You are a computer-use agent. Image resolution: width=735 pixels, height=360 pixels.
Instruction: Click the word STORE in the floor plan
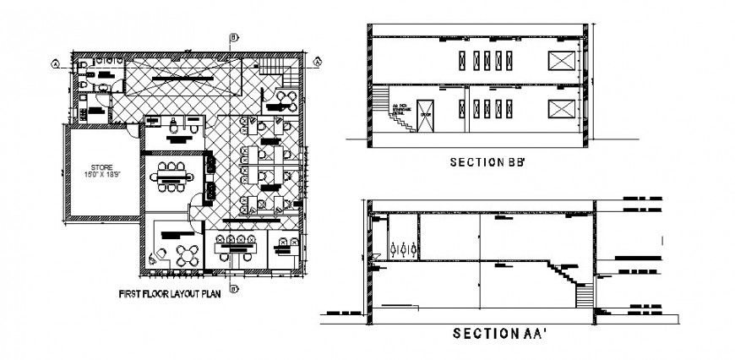pyautogui.click(x=102, y=167)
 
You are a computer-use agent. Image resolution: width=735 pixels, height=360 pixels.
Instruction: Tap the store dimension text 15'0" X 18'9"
pyautogui.click(x=102, y=175)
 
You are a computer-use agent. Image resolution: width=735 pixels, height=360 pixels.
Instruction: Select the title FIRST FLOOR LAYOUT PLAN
pyautogui.click(x=168, y=296)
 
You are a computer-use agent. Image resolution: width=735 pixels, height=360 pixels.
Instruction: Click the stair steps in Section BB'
pyautogui.click(x=400, y=123)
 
